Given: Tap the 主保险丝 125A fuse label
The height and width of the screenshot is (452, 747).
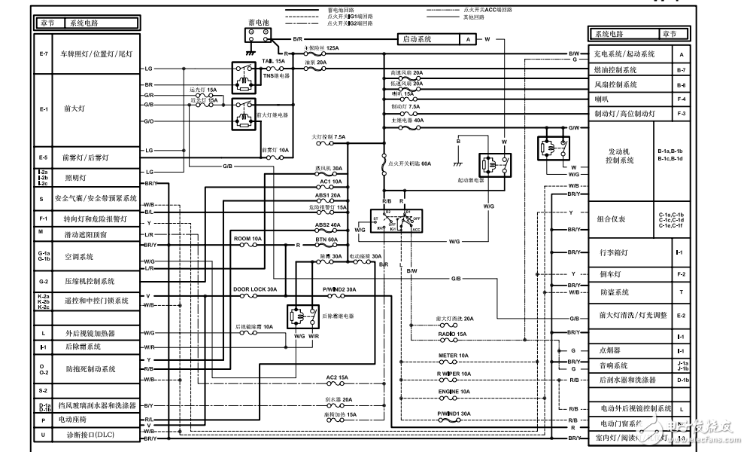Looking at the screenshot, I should pyautogui.click(x=320, y=47).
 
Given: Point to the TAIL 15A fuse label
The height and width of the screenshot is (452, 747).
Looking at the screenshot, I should pyautogui.click(x=273, y=60).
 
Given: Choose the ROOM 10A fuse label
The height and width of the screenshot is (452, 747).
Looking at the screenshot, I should pyautogui.click(x=247, y=238).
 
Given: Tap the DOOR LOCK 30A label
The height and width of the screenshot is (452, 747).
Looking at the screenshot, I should pyautogui.click(x=255, y=289).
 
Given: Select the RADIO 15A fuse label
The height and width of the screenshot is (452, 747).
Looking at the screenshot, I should pyautogui.click(x=452, y=333).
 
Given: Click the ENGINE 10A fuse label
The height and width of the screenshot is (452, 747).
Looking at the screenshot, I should pyautogui.click(x=454, y=392).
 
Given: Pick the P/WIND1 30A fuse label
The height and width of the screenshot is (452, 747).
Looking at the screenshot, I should pyautogui.click(x=454, y=413).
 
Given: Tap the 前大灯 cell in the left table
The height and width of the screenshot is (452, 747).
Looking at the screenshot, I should pyautogui.click(x=72, y=108).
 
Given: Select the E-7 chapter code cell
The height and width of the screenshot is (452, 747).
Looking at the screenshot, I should pyautogui.click(x=43, y=54).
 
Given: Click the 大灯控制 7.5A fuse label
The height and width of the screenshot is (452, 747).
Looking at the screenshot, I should pyautogui.click(x=329, y=137).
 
